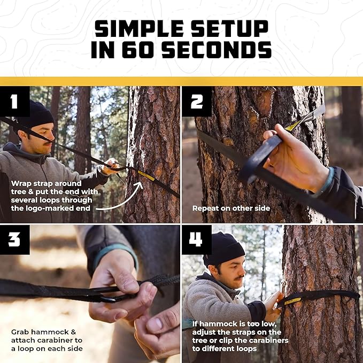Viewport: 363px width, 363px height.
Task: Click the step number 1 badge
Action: coord(15,102)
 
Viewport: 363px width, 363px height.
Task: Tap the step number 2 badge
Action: coord(197,102)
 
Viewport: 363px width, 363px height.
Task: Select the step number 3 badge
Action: coord(15,240)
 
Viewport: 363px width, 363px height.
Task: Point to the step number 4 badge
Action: coord(197,240)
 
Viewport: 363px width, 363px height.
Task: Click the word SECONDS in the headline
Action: coord(214,50)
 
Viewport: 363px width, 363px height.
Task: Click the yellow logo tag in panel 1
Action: coord(146,175)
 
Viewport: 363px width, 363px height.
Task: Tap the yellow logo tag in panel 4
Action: coord(292,301)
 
